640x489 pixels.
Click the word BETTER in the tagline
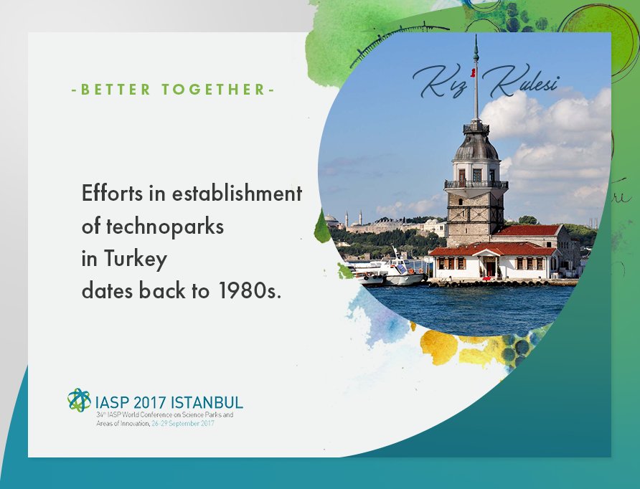click(116, 90)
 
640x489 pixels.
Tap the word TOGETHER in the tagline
click(214, 90)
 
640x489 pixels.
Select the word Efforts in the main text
click(112, 193)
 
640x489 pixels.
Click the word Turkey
click(136, 259)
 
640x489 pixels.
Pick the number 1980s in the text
click(250, 291)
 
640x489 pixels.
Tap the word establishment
click(237, 193)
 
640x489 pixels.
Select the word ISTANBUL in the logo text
click(207, 402)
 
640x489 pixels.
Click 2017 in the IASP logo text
click(149, 402)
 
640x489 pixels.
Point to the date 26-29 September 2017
click(183, 423)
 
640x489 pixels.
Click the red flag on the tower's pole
click(473, 73)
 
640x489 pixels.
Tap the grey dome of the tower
click(476, 147)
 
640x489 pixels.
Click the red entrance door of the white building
click(491, 268)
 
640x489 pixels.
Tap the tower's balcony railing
click(476, 184)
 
